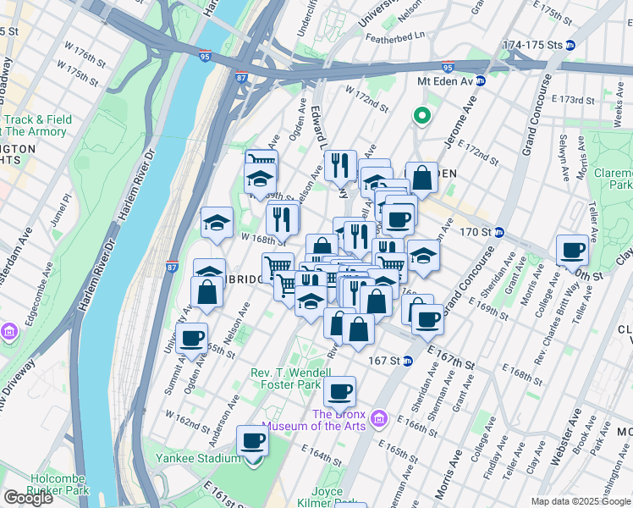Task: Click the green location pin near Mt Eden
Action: point(421,117)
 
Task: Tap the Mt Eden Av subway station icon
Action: point(480,81)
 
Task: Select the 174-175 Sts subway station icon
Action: point(570,44)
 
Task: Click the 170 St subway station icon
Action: point(499,232)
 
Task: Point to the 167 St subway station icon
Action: point(408,360)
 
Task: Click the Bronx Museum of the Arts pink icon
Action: point(380,419)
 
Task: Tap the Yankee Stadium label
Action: point(198,458)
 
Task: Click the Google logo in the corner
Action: point(28,498)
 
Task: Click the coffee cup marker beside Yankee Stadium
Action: point(252,441)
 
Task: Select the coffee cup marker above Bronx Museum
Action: point(339,391)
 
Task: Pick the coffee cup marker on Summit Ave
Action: point(193,337)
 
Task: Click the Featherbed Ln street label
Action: point(398,38)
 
